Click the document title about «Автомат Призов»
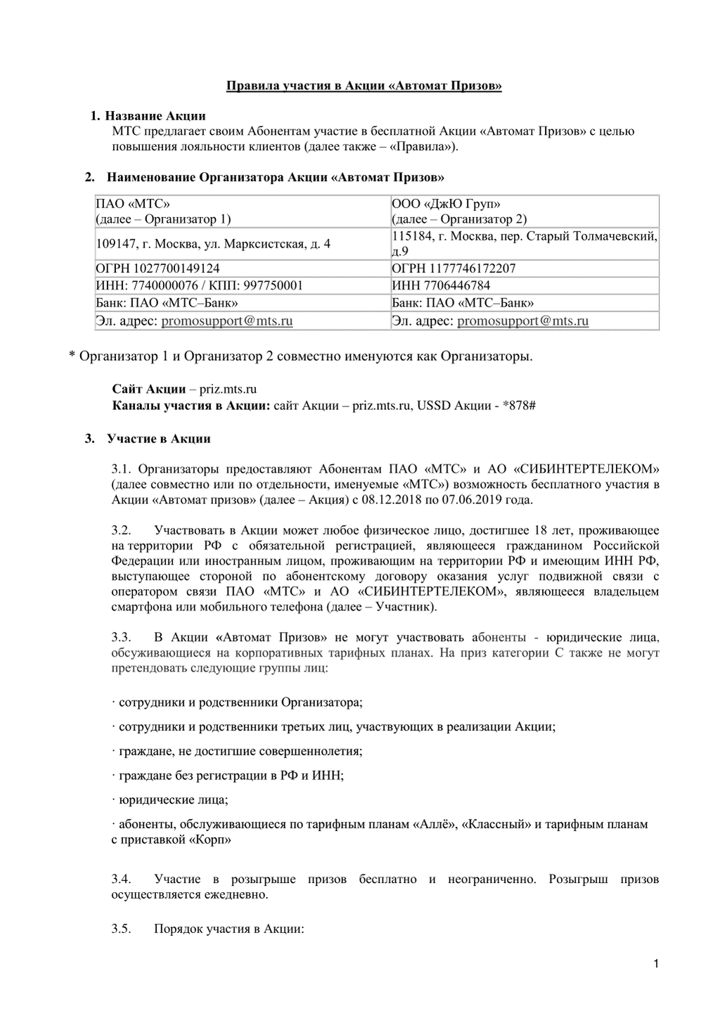coord(364,86)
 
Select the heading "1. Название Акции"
coord(148,115)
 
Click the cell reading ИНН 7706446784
coord(441,285)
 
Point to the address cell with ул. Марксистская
coord(212,244)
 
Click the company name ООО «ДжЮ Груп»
coord(446,204)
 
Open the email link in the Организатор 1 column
coord(226,321)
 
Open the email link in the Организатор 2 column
coord(522,321)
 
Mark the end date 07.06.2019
coord(468,500)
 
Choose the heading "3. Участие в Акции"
coord(148,439)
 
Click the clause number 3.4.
coord(121,880)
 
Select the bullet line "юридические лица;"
coord(173,799)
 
